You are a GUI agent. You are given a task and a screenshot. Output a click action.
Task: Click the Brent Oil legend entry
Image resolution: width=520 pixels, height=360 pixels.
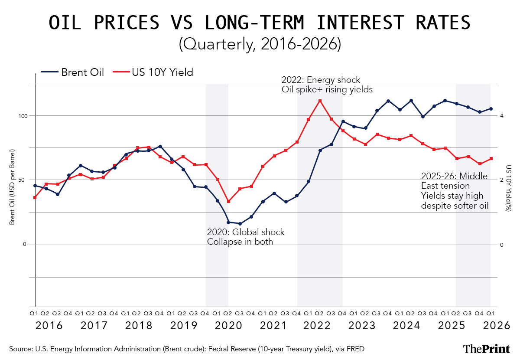[73, 72]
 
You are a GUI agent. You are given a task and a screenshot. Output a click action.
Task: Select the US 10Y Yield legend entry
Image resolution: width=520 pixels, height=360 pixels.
[153, 72]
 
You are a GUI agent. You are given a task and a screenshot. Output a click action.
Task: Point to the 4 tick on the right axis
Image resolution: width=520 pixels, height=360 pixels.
[501, 116]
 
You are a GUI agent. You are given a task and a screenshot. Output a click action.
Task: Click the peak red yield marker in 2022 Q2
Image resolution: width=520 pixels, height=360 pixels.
[320, 101]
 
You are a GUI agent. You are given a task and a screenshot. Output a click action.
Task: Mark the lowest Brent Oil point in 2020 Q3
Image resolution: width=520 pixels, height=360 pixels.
[240, 224]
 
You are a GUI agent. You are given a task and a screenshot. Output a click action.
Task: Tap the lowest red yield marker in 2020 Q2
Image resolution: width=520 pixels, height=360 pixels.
[228, 202]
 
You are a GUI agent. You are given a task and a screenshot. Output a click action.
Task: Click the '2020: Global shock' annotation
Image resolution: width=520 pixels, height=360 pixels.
[245, 232]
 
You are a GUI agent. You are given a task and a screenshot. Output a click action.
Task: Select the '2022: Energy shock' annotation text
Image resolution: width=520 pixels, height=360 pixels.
[321, 80]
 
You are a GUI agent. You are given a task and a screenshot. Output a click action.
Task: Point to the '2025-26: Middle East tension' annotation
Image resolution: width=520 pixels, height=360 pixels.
[454, 181]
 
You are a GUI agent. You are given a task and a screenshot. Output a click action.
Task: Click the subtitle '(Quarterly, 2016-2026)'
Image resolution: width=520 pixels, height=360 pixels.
[260, 44]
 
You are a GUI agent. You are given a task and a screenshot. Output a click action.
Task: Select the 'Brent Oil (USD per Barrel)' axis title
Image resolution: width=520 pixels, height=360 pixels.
[13, 187]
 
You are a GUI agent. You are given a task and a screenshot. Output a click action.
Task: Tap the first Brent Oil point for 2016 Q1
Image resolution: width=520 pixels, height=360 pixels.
[35, 186]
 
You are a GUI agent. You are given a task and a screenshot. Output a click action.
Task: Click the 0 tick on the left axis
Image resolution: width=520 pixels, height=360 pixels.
[25, 245]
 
